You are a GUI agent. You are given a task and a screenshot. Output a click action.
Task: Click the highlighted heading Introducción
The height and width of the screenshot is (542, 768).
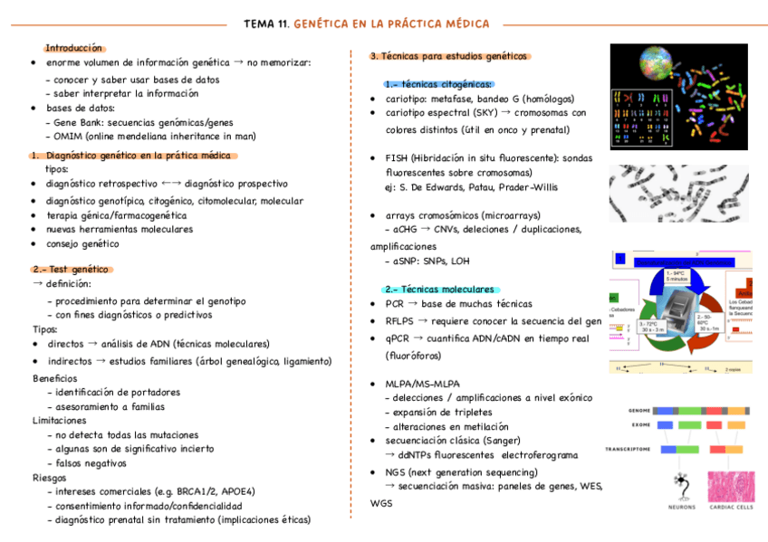click(74, 48)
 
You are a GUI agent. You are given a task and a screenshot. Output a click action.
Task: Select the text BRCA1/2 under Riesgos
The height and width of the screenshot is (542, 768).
click(185, 491)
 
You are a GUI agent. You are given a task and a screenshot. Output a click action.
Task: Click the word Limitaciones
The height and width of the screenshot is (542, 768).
click(60, 421)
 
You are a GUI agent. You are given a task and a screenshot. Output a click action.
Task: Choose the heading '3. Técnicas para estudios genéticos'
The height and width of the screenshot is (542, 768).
click(448, 56)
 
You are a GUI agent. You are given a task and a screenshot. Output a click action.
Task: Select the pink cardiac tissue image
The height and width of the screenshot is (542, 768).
click(730, 487)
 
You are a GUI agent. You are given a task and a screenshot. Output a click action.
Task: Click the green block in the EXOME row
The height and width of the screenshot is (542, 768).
click(691, 424)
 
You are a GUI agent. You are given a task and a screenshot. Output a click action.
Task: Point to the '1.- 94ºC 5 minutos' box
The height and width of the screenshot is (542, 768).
click(676, 275)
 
